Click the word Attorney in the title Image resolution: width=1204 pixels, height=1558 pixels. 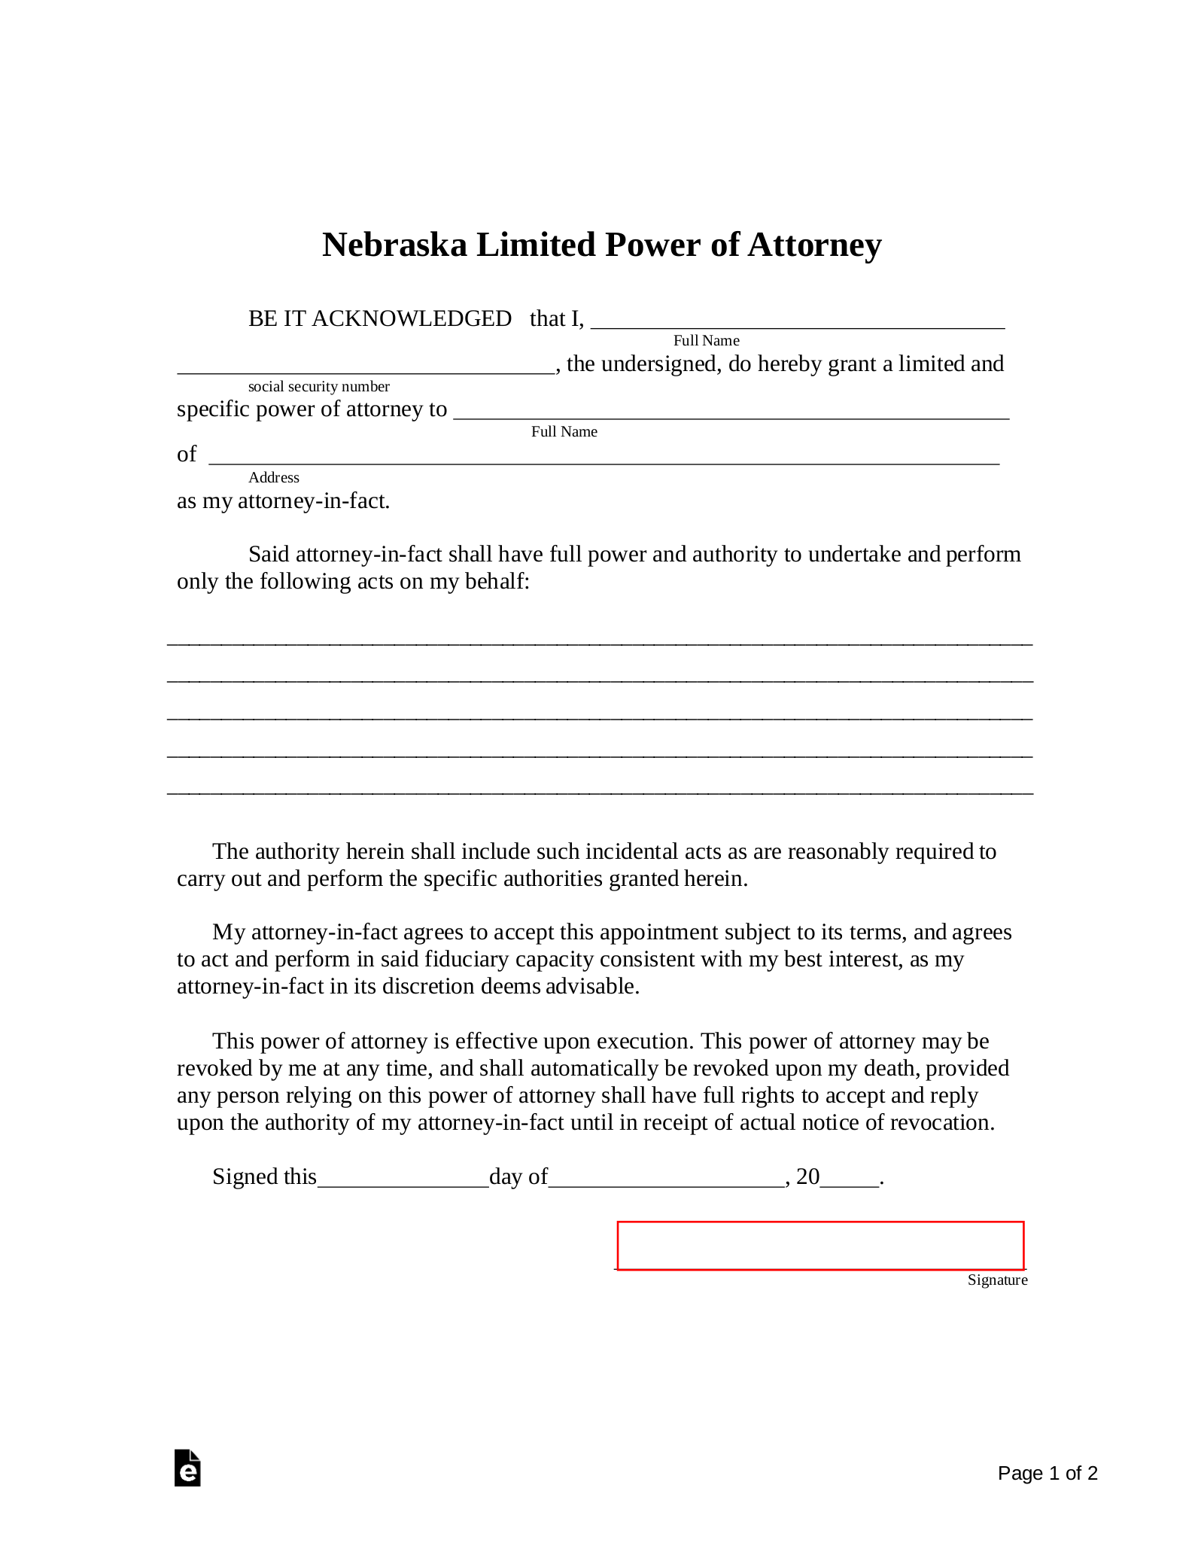click(814, 245)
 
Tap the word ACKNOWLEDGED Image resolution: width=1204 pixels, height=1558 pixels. click(412, 319)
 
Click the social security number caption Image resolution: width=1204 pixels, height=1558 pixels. click(318, 387)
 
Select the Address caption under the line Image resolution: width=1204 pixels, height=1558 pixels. click(274, 477)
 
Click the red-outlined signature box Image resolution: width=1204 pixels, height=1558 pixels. click(820, 1246)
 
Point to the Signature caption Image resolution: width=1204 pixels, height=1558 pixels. click(997, 1280)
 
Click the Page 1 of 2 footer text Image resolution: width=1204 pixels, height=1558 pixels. click(1047, 1473)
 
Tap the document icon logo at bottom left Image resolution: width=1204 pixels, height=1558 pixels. click(187, 1468)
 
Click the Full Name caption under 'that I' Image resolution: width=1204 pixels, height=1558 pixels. click(706, 341)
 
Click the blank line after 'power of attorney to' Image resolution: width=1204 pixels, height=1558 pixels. click(730, 411)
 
